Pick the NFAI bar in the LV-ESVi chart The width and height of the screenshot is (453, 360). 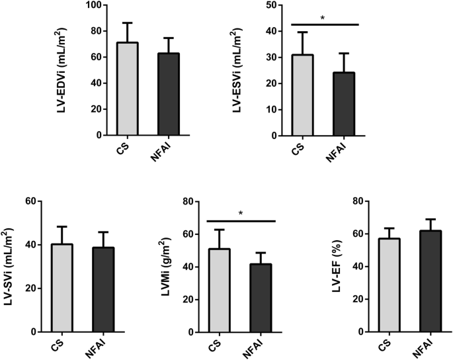pyautogui.click(x=344, y=103)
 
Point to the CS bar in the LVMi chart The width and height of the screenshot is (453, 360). pyautogui.click(x=219, y=291)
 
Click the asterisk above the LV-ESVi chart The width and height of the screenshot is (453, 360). pyautogui.click(x=323, y=19)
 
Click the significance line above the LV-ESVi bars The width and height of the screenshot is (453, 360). pyautogui.click(x=324, y=24)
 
